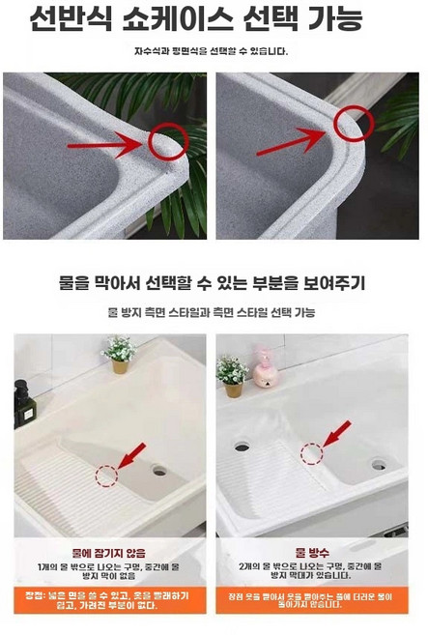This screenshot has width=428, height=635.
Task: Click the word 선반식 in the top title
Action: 69,18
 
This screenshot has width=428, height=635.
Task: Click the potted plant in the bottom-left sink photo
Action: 119,353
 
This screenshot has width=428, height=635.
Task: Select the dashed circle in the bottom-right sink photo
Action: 311,454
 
